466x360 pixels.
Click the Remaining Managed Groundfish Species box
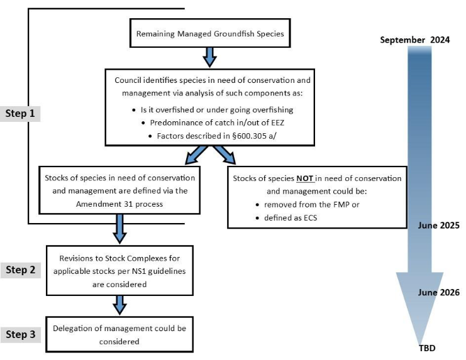[x=211, y=35]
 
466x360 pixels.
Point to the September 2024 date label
[x=414, y=40]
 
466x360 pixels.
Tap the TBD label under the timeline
[x=427, y=348]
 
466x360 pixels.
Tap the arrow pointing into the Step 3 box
[x=119, y=307]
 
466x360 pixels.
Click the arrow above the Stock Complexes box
[x=119, y=227]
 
